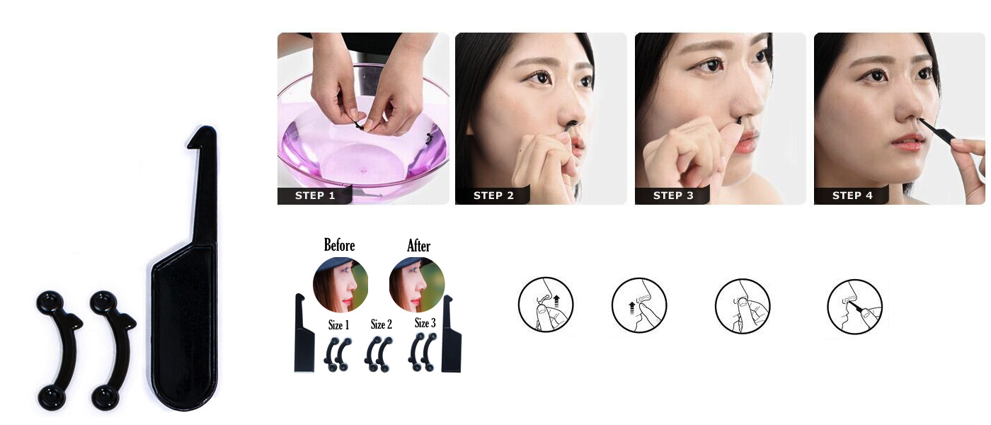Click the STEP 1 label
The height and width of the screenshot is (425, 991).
[x=315, y=196]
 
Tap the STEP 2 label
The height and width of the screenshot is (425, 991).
[x=493, y=196]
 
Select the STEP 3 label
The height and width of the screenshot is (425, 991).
[x=673, y=196]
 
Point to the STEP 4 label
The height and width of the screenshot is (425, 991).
[x=852, y=196]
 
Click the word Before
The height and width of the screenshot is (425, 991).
[x=339, y=245]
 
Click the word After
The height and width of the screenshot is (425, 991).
[x=418, y=246]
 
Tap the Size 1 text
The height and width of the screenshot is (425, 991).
[x=338, y=325]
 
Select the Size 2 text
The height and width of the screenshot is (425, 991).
[x=381, y=324]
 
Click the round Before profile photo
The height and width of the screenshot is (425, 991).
[x=340, y=285]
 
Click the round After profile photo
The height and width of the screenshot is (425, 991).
[x=417, y=285]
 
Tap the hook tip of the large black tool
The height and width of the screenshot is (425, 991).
[x=202, y=135]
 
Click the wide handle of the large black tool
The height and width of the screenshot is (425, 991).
[x=183, y=326]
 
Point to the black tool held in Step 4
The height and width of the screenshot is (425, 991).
[x=938, y=131]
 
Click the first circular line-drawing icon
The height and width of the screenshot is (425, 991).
[x=546, y=305]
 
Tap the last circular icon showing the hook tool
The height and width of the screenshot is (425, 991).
[x=854, y=306]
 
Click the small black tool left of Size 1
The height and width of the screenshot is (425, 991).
[x=304, y=336]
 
